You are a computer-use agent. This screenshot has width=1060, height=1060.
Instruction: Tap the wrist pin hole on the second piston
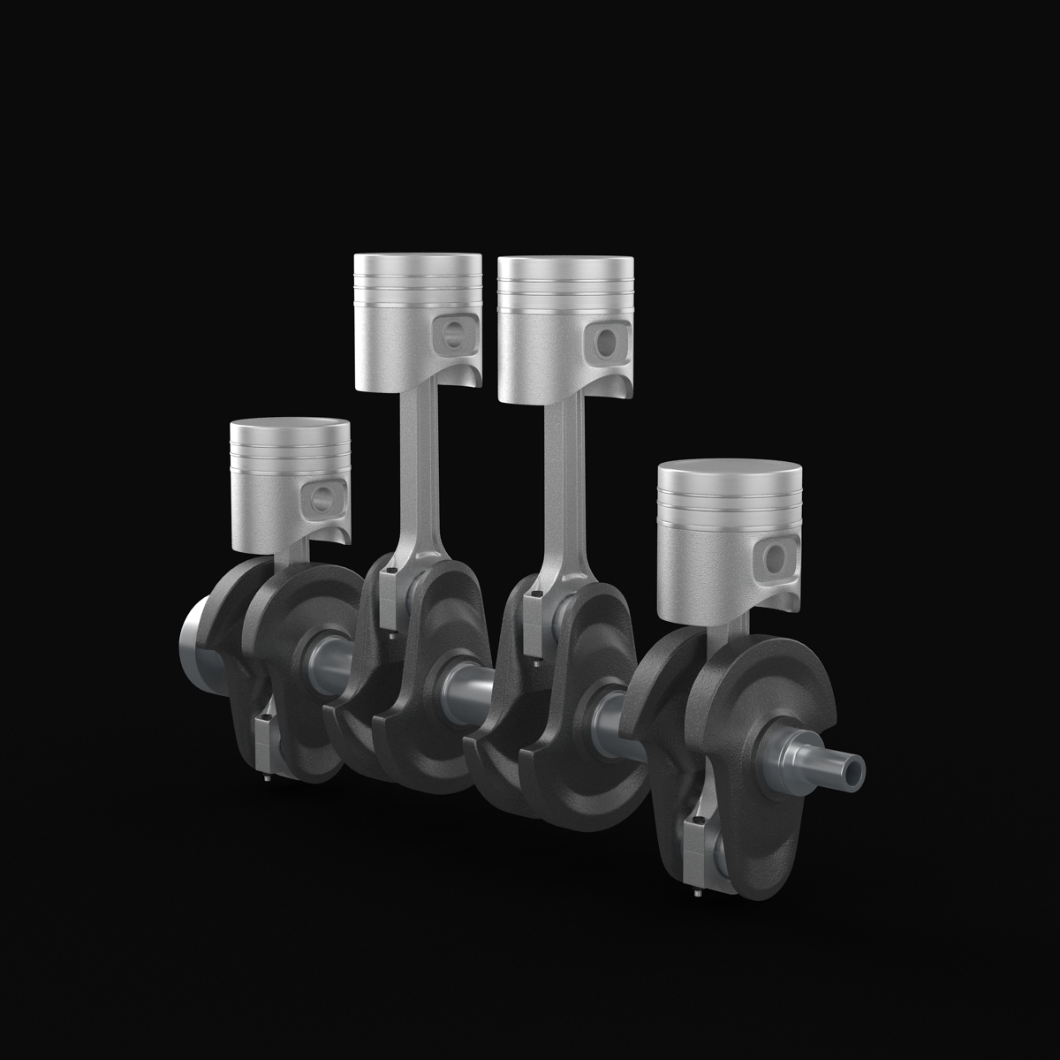click(x=454, y=333)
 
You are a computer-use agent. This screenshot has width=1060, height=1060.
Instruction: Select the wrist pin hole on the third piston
click(x=608, y=340)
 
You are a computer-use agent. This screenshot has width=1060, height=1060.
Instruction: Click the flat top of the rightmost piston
click(x=730, y=473)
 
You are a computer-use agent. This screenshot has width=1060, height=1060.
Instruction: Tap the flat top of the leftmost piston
click(x=290, y=427)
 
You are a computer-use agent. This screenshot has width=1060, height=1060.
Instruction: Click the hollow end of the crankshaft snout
click(x=856, y=771)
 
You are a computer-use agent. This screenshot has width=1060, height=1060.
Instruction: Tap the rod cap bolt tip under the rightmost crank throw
click(x=697, y=890)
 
